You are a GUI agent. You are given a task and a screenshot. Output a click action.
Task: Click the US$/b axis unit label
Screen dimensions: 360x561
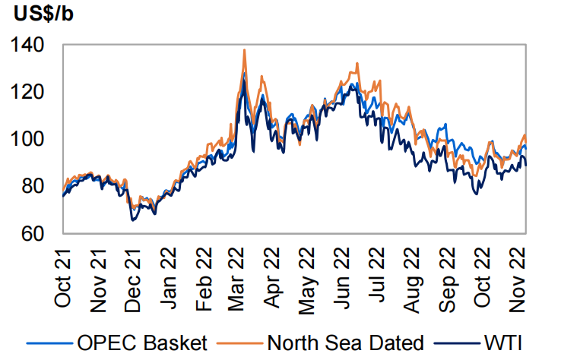(x=44, y=14)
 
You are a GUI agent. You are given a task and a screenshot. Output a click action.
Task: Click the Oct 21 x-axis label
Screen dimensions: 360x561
(x=65, y=278)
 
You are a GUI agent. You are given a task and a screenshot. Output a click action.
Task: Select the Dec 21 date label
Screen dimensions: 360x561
(x=135, y=278)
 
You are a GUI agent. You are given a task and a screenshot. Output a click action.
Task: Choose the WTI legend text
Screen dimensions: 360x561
(x=506, y=343)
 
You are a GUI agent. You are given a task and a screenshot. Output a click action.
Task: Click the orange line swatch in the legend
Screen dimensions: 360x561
(x=242, y=344)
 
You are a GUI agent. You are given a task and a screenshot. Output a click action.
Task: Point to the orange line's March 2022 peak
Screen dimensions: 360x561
(x=244, y=50)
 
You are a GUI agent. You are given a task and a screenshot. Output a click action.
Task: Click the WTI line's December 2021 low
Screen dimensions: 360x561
(x=133, y=220)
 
